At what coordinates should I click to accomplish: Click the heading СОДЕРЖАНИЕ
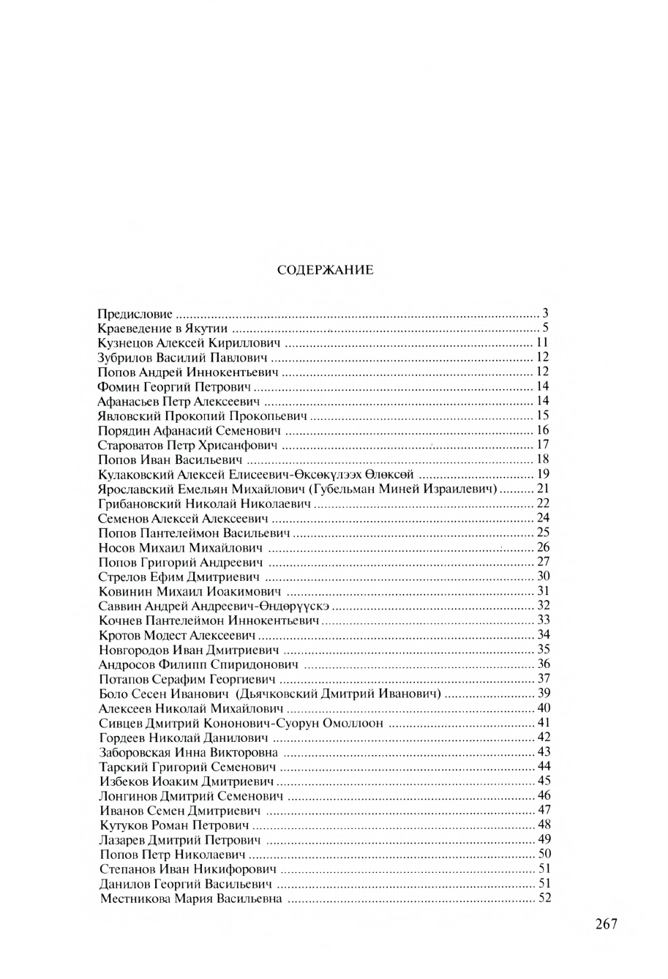(x=326, y=270)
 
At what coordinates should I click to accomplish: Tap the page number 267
(x=607, y=923)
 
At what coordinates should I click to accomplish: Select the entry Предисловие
(x=135, y=314)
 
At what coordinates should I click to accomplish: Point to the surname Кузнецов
(x=126, y=343)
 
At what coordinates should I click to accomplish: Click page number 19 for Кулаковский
(x=542, y=475)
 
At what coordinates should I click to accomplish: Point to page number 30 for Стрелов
(x=543, y=577)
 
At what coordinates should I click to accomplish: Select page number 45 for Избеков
(x=543, y=781)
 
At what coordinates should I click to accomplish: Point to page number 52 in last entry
(x=543, y=899)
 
